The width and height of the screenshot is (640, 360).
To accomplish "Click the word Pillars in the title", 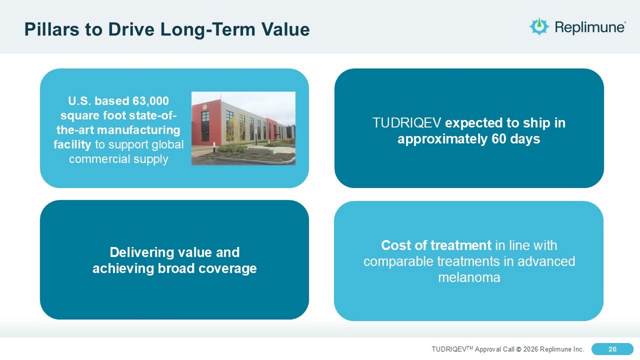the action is point(52,29).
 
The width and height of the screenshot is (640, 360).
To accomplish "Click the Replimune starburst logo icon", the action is point(539,26).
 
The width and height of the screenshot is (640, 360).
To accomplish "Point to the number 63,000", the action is point(151,101).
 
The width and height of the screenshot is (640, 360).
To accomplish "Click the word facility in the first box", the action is point(72,144).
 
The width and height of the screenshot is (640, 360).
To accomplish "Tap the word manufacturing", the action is point(139,130).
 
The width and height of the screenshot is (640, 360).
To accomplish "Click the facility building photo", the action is point(244,128).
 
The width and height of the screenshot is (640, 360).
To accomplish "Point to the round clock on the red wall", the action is point(204,107).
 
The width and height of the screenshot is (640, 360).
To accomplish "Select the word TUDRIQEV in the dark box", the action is point(407,123).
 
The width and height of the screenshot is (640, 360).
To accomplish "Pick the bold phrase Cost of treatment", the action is point(436,245).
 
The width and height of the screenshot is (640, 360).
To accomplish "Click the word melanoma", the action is point(469,277).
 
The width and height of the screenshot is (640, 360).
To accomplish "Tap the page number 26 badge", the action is point(612,349).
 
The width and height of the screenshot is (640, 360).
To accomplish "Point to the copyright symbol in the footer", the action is point(519,349).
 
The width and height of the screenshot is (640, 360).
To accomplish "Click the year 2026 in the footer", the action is point(531,349).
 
